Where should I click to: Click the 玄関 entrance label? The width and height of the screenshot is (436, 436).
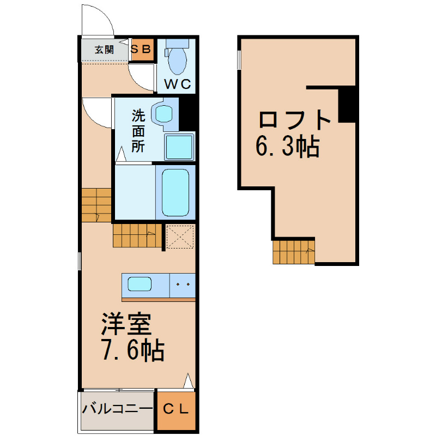(104, 50)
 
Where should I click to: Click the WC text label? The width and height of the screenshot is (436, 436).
(178, 84)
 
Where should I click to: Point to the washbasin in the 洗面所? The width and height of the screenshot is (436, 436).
(163, 114)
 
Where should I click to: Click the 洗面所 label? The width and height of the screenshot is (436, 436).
(138, 131)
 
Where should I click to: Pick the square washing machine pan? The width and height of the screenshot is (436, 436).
(179, 147)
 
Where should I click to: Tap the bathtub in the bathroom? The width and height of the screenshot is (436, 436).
(175, 192)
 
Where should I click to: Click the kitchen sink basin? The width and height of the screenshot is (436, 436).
(140, 284)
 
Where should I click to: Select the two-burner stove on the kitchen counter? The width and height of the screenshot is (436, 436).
(183, 285)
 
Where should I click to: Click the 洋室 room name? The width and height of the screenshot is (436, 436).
(126, 324)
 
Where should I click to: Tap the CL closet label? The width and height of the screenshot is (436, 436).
(175, 409)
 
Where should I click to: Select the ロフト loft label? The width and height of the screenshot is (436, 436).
(295, 119)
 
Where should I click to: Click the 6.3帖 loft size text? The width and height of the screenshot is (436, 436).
(288, 146)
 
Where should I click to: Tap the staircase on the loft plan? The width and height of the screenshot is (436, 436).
(294, 252)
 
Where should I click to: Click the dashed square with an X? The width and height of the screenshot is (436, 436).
(180, 237)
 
